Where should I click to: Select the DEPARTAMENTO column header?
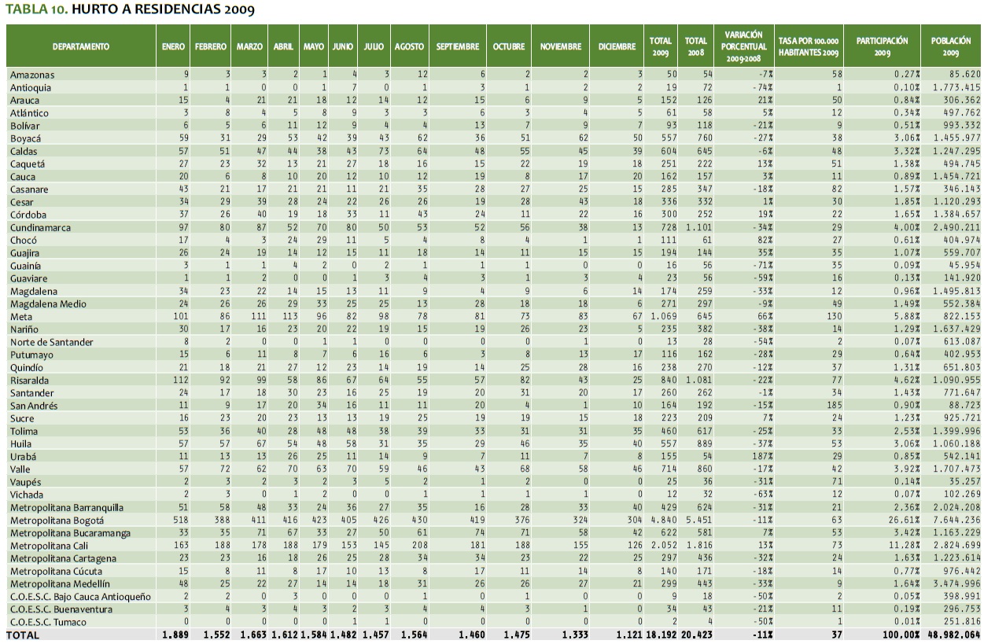[x=81, y=46]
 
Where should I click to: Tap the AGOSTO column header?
[x=409, y=46]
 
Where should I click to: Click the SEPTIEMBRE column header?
[x=458, y=46]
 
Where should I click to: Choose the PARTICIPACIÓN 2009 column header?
[x=882, y=46]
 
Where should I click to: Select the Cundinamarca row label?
[x=40, y=227]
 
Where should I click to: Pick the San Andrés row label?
[x=34, y=406]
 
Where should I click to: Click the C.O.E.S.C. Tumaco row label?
[x=50, y=622]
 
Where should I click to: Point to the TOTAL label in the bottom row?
[x=24, y=635]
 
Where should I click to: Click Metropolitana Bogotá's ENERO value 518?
[x=178, y=520]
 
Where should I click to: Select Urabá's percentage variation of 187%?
[x=757, y=456]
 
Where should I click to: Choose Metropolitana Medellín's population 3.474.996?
[x=954, y=583]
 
